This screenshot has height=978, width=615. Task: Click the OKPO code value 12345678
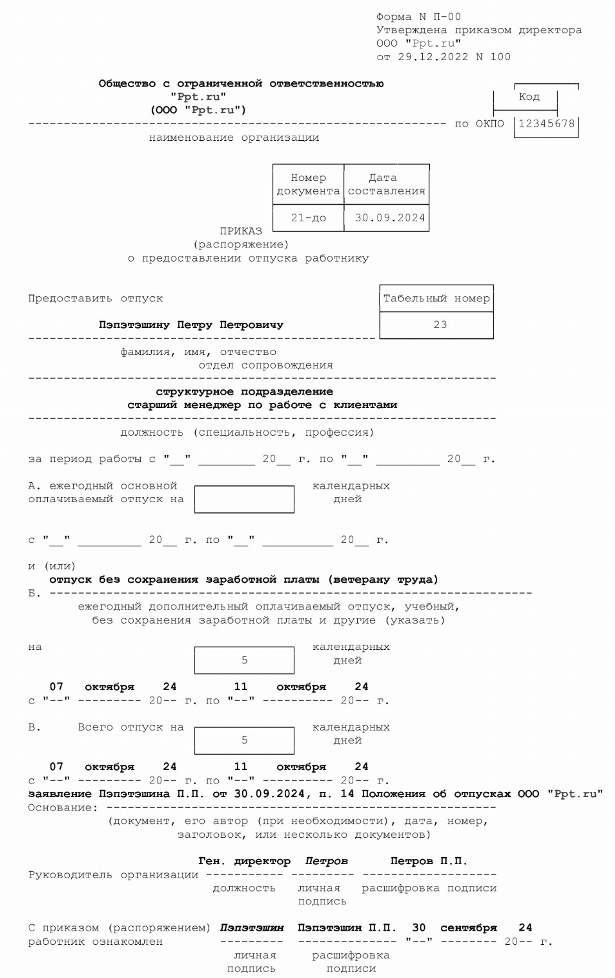547,123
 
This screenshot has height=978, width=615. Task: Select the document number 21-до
308,218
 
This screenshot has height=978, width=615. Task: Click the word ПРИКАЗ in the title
241,231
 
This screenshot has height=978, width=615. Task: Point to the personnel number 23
440,325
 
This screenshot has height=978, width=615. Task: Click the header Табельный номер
436,298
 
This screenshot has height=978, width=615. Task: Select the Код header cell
529,97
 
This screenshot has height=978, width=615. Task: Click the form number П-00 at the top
447,17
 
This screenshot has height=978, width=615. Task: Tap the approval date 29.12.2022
433,57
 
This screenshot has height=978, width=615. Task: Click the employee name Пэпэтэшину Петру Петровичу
191,325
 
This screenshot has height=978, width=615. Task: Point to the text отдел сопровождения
266,365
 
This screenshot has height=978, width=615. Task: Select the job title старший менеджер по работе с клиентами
262,405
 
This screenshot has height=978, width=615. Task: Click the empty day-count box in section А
244,500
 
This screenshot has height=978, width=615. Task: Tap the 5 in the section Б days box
244,660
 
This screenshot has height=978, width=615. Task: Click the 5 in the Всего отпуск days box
244,740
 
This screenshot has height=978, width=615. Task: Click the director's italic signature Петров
326,861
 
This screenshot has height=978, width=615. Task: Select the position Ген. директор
244,861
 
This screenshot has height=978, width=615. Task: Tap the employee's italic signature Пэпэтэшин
252,927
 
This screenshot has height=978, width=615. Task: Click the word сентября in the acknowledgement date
468,927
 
